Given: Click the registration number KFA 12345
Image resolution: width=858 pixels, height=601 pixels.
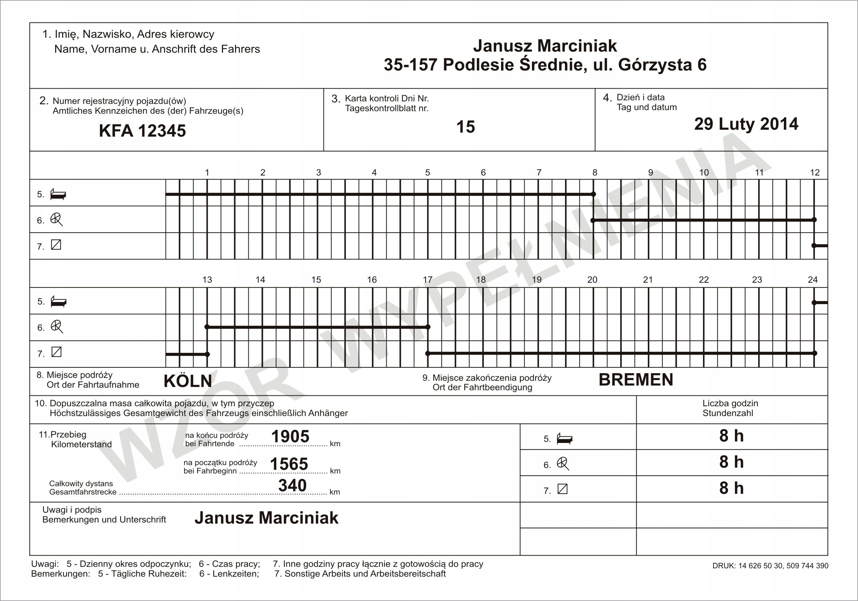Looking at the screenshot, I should coord(142,131).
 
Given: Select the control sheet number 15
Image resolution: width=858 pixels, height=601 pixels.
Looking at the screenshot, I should coord(465,127).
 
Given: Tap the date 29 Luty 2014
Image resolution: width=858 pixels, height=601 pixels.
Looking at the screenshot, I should coord(746,124).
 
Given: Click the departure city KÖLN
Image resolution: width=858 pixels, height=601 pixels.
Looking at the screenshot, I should coord(188,381).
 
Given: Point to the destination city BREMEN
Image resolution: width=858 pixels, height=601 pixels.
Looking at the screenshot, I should coord(636,380).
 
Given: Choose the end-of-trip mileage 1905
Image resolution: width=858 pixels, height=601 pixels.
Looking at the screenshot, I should coord(290,436).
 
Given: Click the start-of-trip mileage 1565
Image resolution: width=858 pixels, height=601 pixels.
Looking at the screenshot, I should coord(289,464).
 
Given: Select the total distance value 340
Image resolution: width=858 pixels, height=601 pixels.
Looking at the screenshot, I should coord(292,485).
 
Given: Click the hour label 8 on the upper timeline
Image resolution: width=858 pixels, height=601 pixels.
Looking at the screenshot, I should coord(594,172).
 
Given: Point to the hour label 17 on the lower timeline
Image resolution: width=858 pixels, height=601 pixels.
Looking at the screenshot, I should coord(427,280).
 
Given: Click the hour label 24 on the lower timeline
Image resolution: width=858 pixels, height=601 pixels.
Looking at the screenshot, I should coord(812,280).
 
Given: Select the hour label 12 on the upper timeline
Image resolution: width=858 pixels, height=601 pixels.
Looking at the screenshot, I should coord(815,172).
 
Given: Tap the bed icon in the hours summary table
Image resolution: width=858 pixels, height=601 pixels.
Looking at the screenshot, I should coord(564,438).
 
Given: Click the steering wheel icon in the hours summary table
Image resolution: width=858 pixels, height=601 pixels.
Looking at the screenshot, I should coord(563,464).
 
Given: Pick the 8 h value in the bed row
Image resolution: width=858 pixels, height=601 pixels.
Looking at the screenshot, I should coord(731,436).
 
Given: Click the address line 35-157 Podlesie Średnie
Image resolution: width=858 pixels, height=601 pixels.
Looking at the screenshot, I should coord(545,65).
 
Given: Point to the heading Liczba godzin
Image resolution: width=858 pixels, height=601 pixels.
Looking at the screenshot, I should coord(730,404).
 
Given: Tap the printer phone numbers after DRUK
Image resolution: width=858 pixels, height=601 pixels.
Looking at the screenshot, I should coord(783,566).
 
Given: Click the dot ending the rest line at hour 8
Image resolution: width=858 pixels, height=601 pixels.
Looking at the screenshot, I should coord(593,194).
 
